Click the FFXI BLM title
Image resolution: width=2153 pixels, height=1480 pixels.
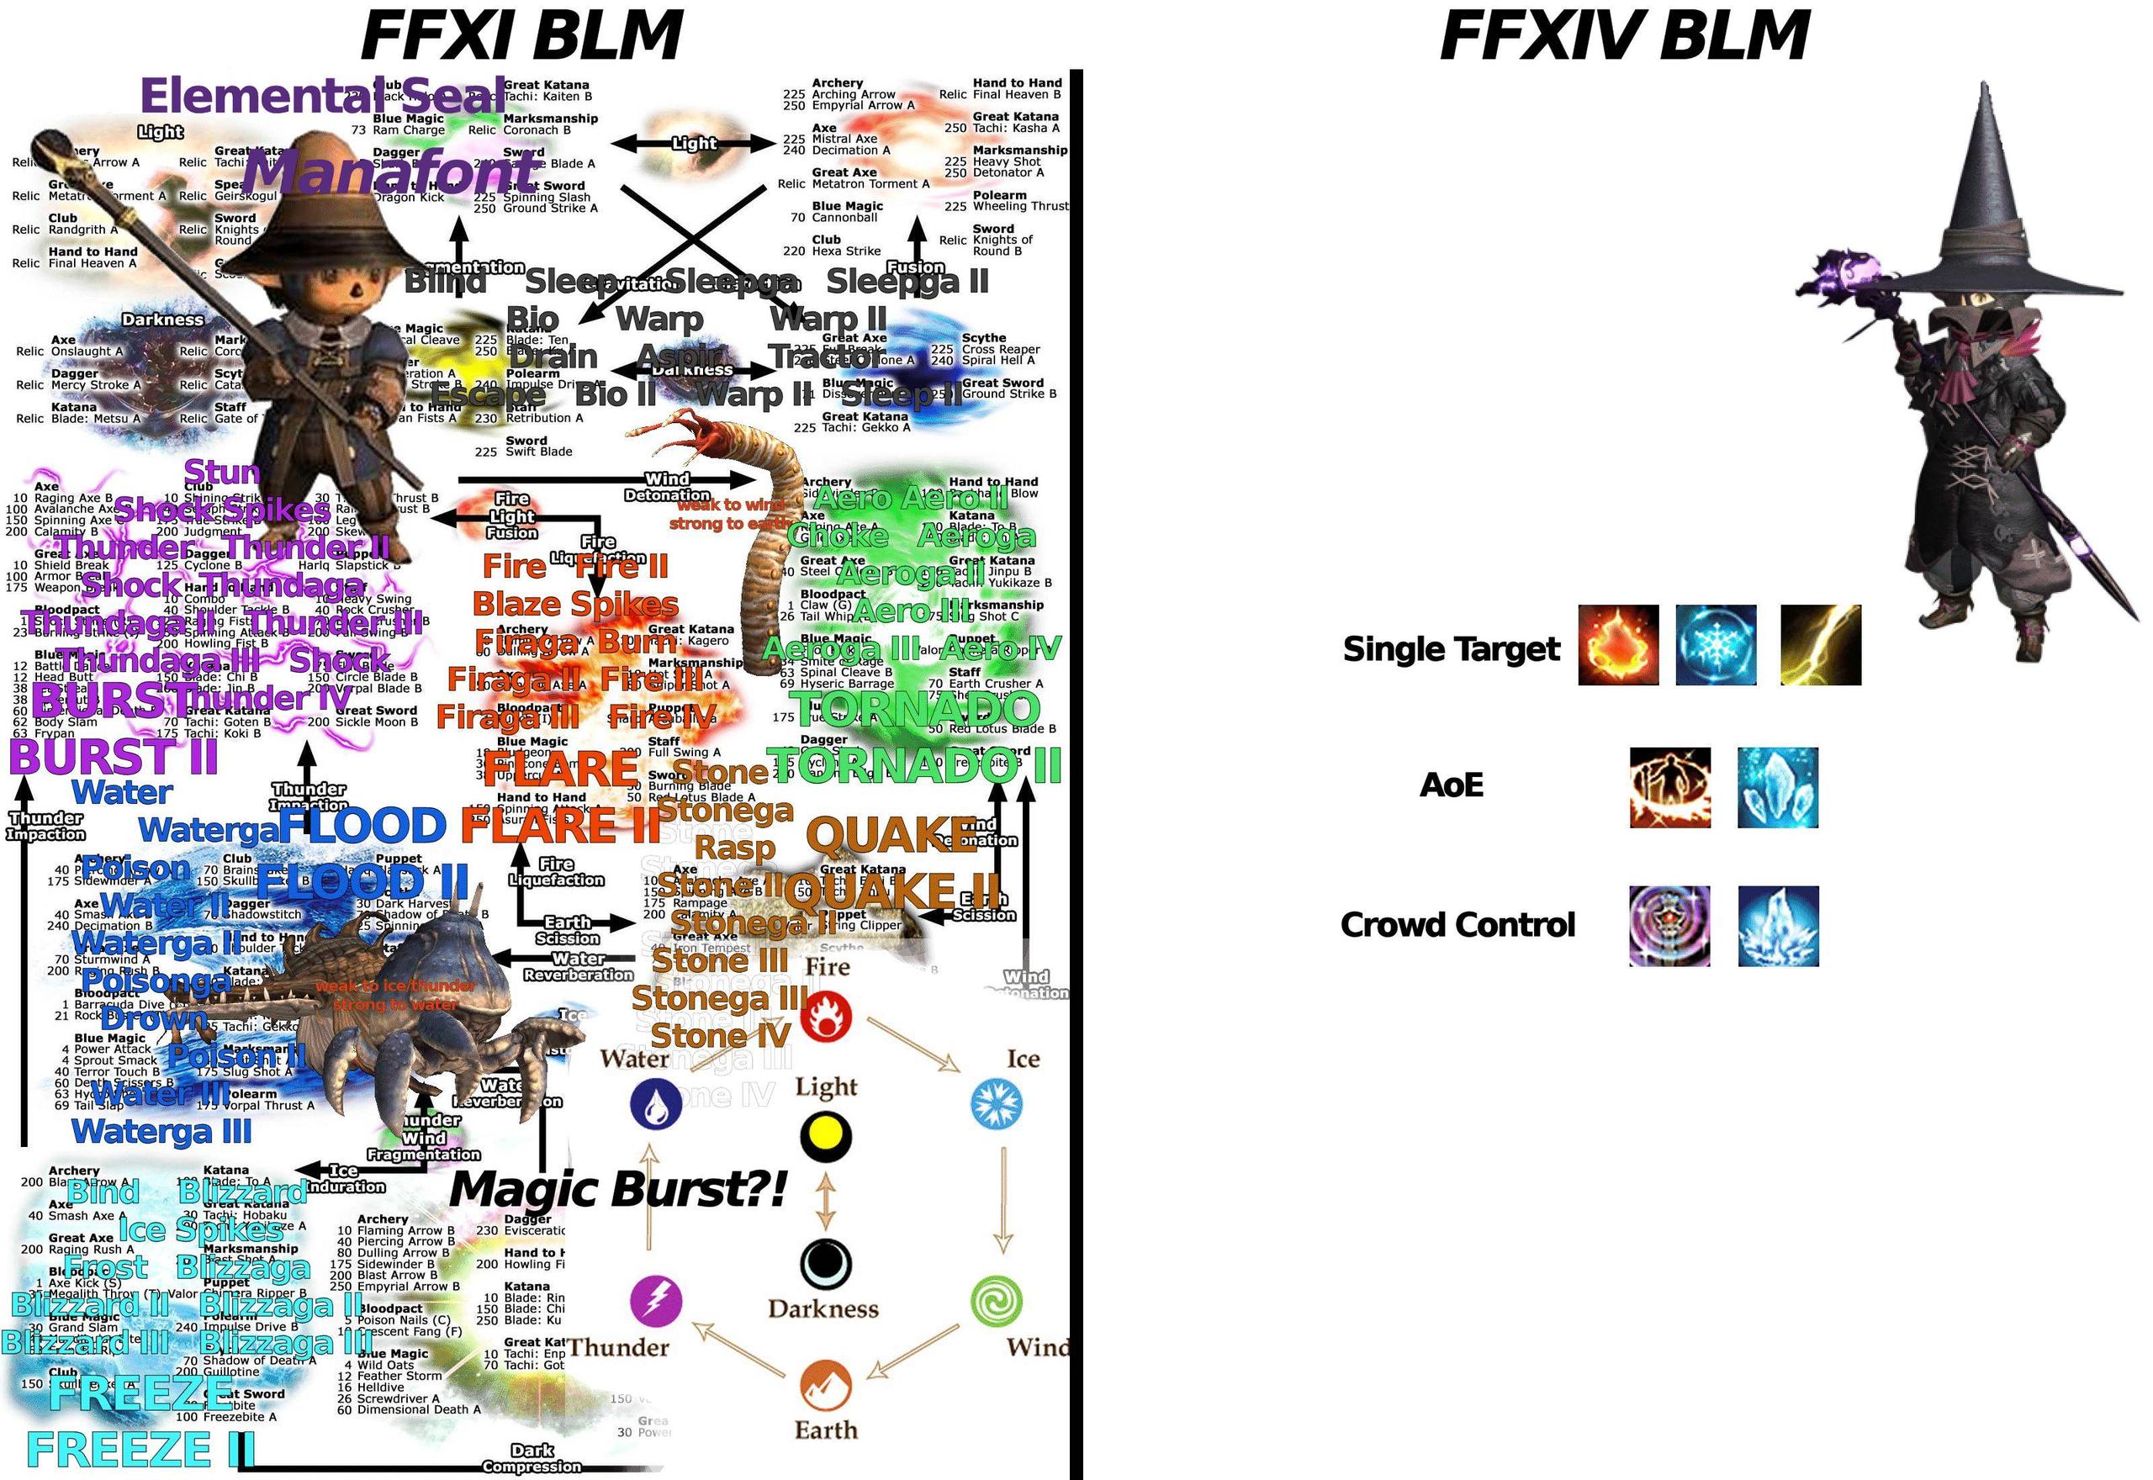pos(522,35)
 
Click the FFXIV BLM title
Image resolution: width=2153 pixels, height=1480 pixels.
pos(1623,35)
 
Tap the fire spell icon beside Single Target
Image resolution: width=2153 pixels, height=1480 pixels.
pos(1617,646)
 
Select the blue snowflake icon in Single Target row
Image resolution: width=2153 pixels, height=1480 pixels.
pos(1716,646)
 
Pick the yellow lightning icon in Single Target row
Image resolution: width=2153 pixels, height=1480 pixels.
pos(1820,646)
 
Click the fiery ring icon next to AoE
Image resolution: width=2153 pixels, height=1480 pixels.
pos(1670,787)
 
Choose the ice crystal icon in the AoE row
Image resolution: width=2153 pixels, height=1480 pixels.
pos(1776,787)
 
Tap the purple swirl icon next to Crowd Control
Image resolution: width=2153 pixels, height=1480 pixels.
pos(1670,926)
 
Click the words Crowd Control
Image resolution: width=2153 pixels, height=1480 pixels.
pos(1457,924)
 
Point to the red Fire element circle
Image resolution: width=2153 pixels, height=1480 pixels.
pos(824,1017)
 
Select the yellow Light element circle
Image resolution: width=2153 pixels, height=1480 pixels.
pos(825,1135)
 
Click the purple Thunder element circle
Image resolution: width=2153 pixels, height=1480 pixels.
pos(655,1300)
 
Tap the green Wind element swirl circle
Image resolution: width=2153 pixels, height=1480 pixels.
pos(996,1300)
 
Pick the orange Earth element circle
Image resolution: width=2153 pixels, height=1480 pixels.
pos(825,1386)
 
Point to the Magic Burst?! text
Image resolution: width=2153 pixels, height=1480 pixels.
pos(618,1190)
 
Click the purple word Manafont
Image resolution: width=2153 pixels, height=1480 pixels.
pos(389,172)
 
